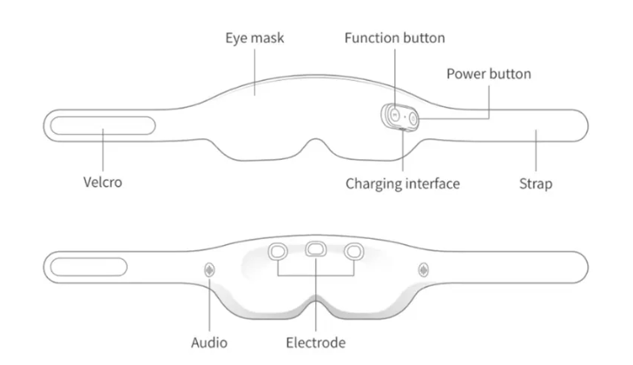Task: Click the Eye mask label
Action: tap(254, 38)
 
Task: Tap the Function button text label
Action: tap(394, 38)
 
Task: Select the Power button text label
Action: tap(488, 74)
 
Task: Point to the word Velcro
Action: tap(102, 183)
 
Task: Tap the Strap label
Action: tap(535, 183)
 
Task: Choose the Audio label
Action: tap(208, 342)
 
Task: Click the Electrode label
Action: tap(315, 342)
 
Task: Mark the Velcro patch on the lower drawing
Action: tap(86, 265)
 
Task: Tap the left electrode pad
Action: tap(278, 251)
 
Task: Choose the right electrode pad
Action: tap(353, 251)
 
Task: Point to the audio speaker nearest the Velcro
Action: tap(209, 269)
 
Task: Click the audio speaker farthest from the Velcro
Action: tap(423, 269)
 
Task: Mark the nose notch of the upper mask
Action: tap(315, 145)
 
